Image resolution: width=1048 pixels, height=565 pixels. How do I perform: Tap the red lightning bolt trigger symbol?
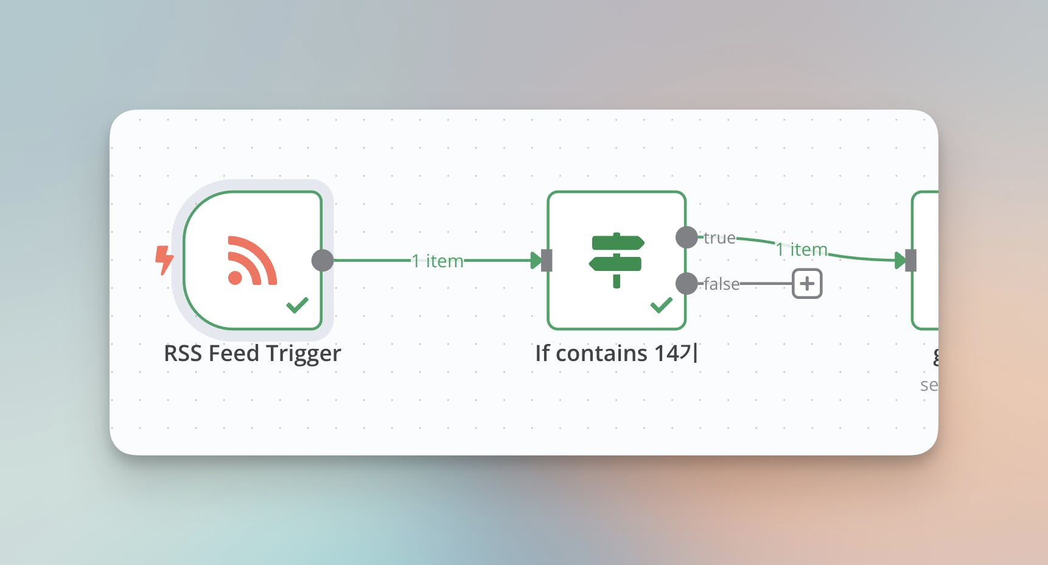[164, 260]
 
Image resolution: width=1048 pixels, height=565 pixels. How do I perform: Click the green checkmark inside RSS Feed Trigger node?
[297, 304]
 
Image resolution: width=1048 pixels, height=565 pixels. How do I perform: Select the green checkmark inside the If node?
[661, 304]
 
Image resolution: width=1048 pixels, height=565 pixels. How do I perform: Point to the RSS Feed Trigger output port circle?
[323, 261]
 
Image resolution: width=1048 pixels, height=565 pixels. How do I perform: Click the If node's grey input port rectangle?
[547, 261]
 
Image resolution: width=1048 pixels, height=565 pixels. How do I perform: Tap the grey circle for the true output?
[686, 237]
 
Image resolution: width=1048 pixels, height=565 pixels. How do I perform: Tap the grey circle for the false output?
[686, 284]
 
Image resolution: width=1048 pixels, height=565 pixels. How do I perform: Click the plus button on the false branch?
[807, 284]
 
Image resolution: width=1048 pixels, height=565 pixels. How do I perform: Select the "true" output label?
[719, 238]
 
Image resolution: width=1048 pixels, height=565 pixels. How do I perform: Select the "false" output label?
[721, 284]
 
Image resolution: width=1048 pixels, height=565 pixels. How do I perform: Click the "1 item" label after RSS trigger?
[438, 261]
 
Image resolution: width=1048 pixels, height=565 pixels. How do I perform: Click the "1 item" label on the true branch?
[802, 249]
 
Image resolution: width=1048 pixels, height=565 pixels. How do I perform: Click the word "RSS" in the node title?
[183, 354]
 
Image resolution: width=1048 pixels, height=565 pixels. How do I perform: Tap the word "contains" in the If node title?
[601, 354]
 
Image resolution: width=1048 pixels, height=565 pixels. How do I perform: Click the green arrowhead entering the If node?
[536, 261]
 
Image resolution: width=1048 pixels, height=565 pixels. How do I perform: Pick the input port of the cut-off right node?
[910, 261]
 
